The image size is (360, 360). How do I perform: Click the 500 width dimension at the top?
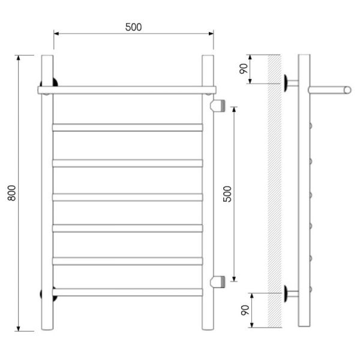click(x=133, y=27)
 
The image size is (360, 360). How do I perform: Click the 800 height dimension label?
click(x=12, y=193)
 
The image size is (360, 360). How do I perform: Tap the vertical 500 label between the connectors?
click(x=227, y=194)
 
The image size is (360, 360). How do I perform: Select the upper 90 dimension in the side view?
click(x=244, y=68)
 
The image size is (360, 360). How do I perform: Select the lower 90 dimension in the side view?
click(x=245, y=310)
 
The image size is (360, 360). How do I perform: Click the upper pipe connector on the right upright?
click(x=218, y=106)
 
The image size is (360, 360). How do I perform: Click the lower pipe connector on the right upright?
click(x=218, y=282)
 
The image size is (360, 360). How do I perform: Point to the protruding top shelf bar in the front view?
click(x=127, y=90)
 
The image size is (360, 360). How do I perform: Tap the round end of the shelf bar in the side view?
click(x=347, y=90)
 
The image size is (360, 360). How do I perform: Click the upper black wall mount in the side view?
click(x=286, y=83)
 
